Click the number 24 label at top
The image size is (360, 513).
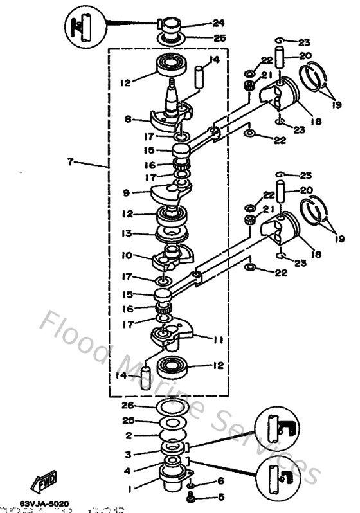(x=219, y=23)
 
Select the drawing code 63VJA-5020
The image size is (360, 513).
(x=44, y=503)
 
